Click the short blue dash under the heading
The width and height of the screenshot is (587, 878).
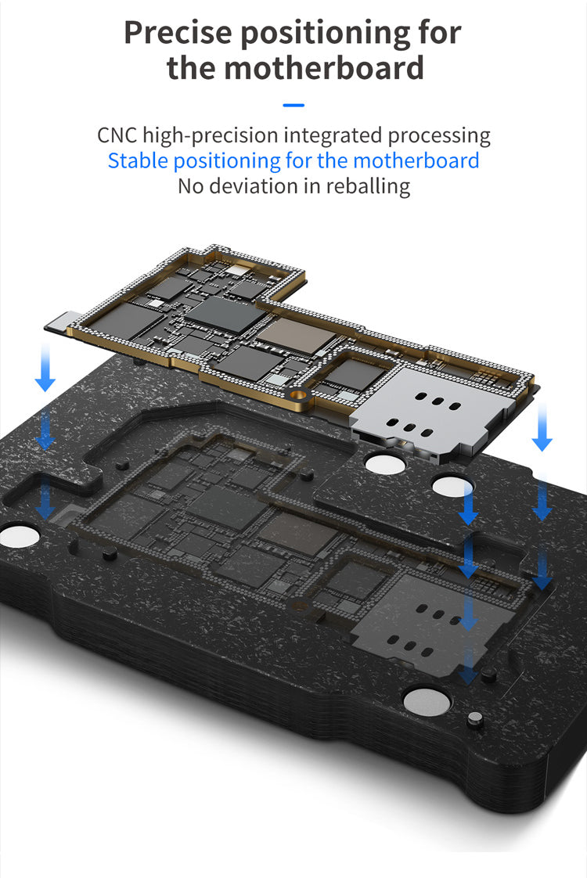pos(293,104)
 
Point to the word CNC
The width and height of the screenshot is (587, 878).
pos(117,135)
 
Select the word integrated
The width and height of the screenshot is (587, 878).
pos(334,135)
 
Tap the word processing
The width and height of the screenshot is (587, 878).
pos(440,135)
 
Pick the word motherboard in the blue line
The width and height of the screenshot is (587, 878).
pos(416,160)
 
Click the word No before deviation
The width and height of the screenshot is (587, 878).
pos(190,186)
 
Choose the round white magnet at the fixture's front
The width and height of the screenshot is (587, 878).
pos(427,701)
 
